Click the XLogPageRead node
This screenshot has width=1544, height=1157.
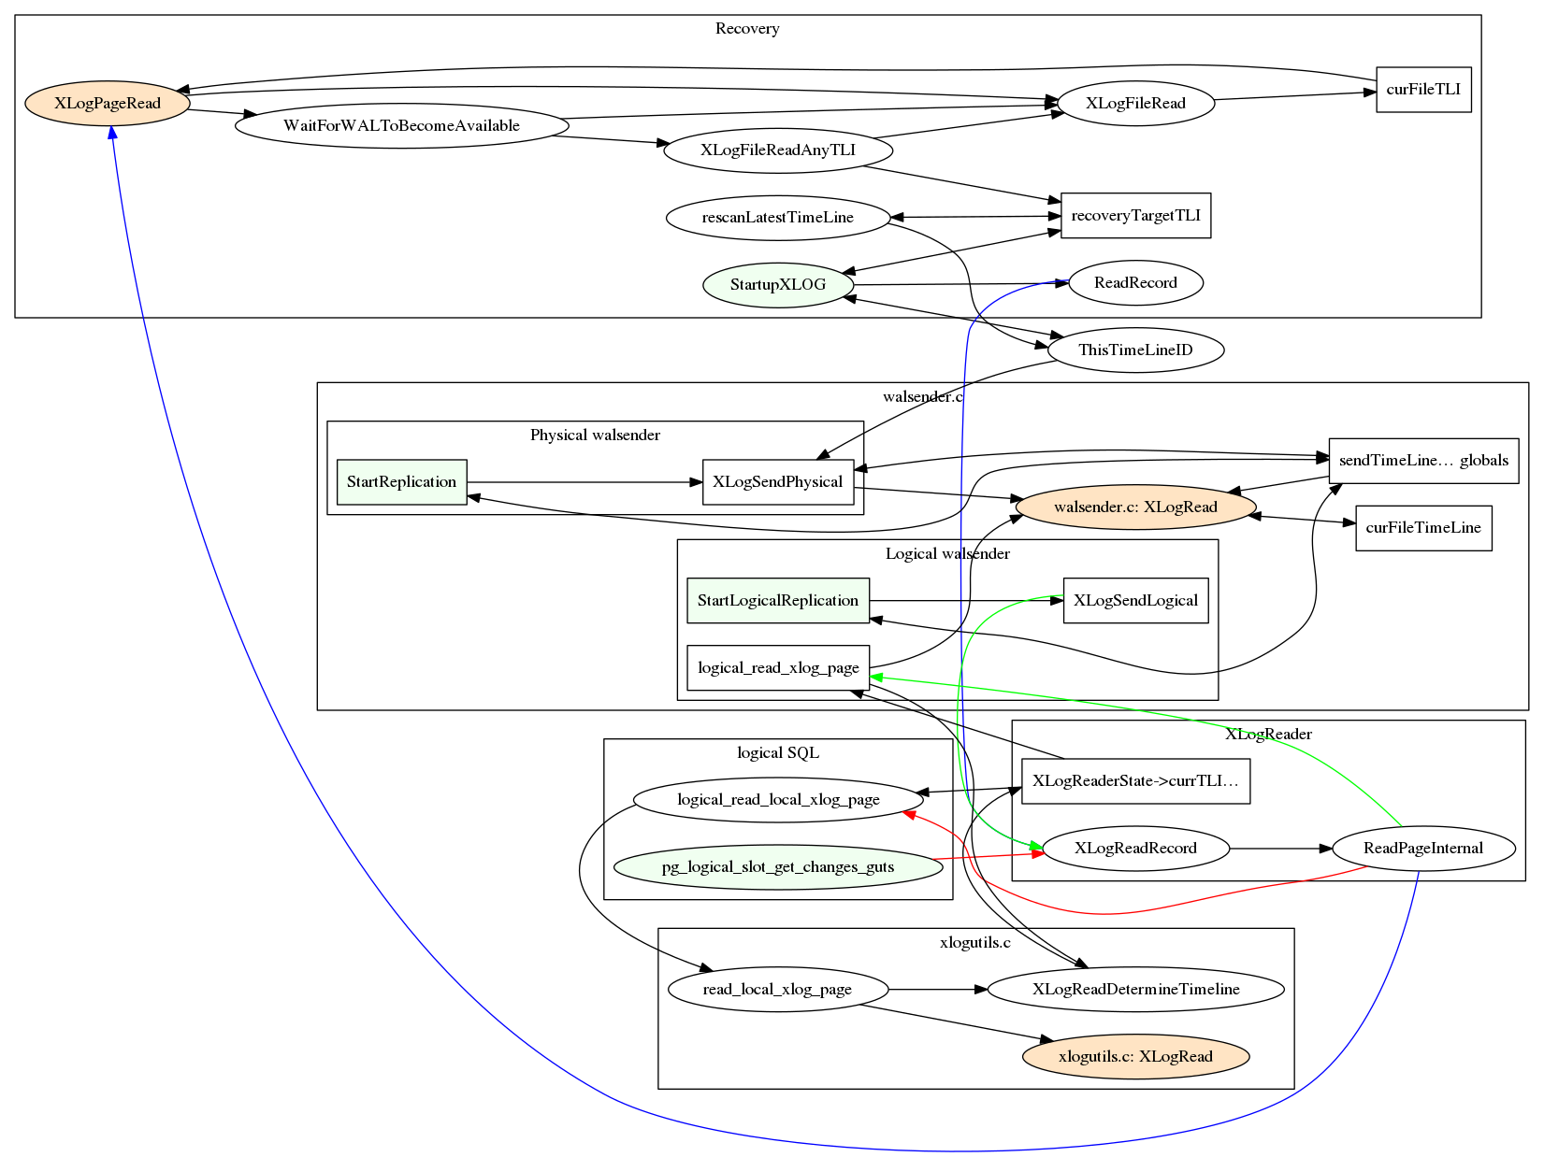[x=108, y=103]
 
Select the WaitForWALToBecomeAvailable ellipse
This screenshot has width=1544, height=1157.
[x=401, y=125]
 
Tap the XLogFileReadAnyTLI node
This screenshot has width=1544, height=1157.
[x=777, y=150]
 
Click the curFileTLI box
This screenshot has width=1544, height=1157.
[x=1422, y=90]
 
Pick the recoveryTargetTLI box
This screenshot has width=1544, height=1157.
[x=1135, y=215]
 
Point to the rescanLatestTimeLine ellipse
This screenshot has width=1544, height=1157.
[x=777, y=217]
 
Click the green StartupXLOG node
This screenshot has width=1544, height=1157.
[x=777, y=284]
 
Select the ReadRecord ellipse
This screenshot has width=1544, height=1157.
[x=1135, y=282]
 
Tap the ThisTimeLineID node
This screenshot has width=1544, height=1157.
[x=1135, y=350]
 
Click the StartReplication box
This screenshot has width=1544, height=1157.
[x=401, y=481]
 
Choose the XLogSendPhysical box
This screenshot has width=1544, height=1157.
[x=777, y=481]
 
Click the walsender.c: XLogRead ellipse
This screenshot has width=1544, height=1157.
[x=1135, y=507]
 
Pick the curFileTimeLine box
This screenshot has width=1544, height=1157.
[x=1422, y=527]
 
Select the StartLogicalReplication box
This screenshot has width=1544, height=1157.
[x=777, y=600]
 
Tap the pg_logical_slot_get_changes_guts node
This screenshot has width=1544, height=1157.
[x=777, y=866]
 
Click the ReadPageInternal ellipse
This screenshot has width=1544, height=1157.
[x=1422, y=848]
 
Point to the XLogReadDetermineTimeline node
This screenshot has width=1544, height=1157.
[x=1135, y=989]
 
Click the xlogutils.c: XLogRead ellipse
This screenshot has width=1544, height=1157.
[x=1135, y=1056]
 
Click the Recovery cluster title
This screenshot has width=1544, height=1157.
[x=746, y=28]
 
